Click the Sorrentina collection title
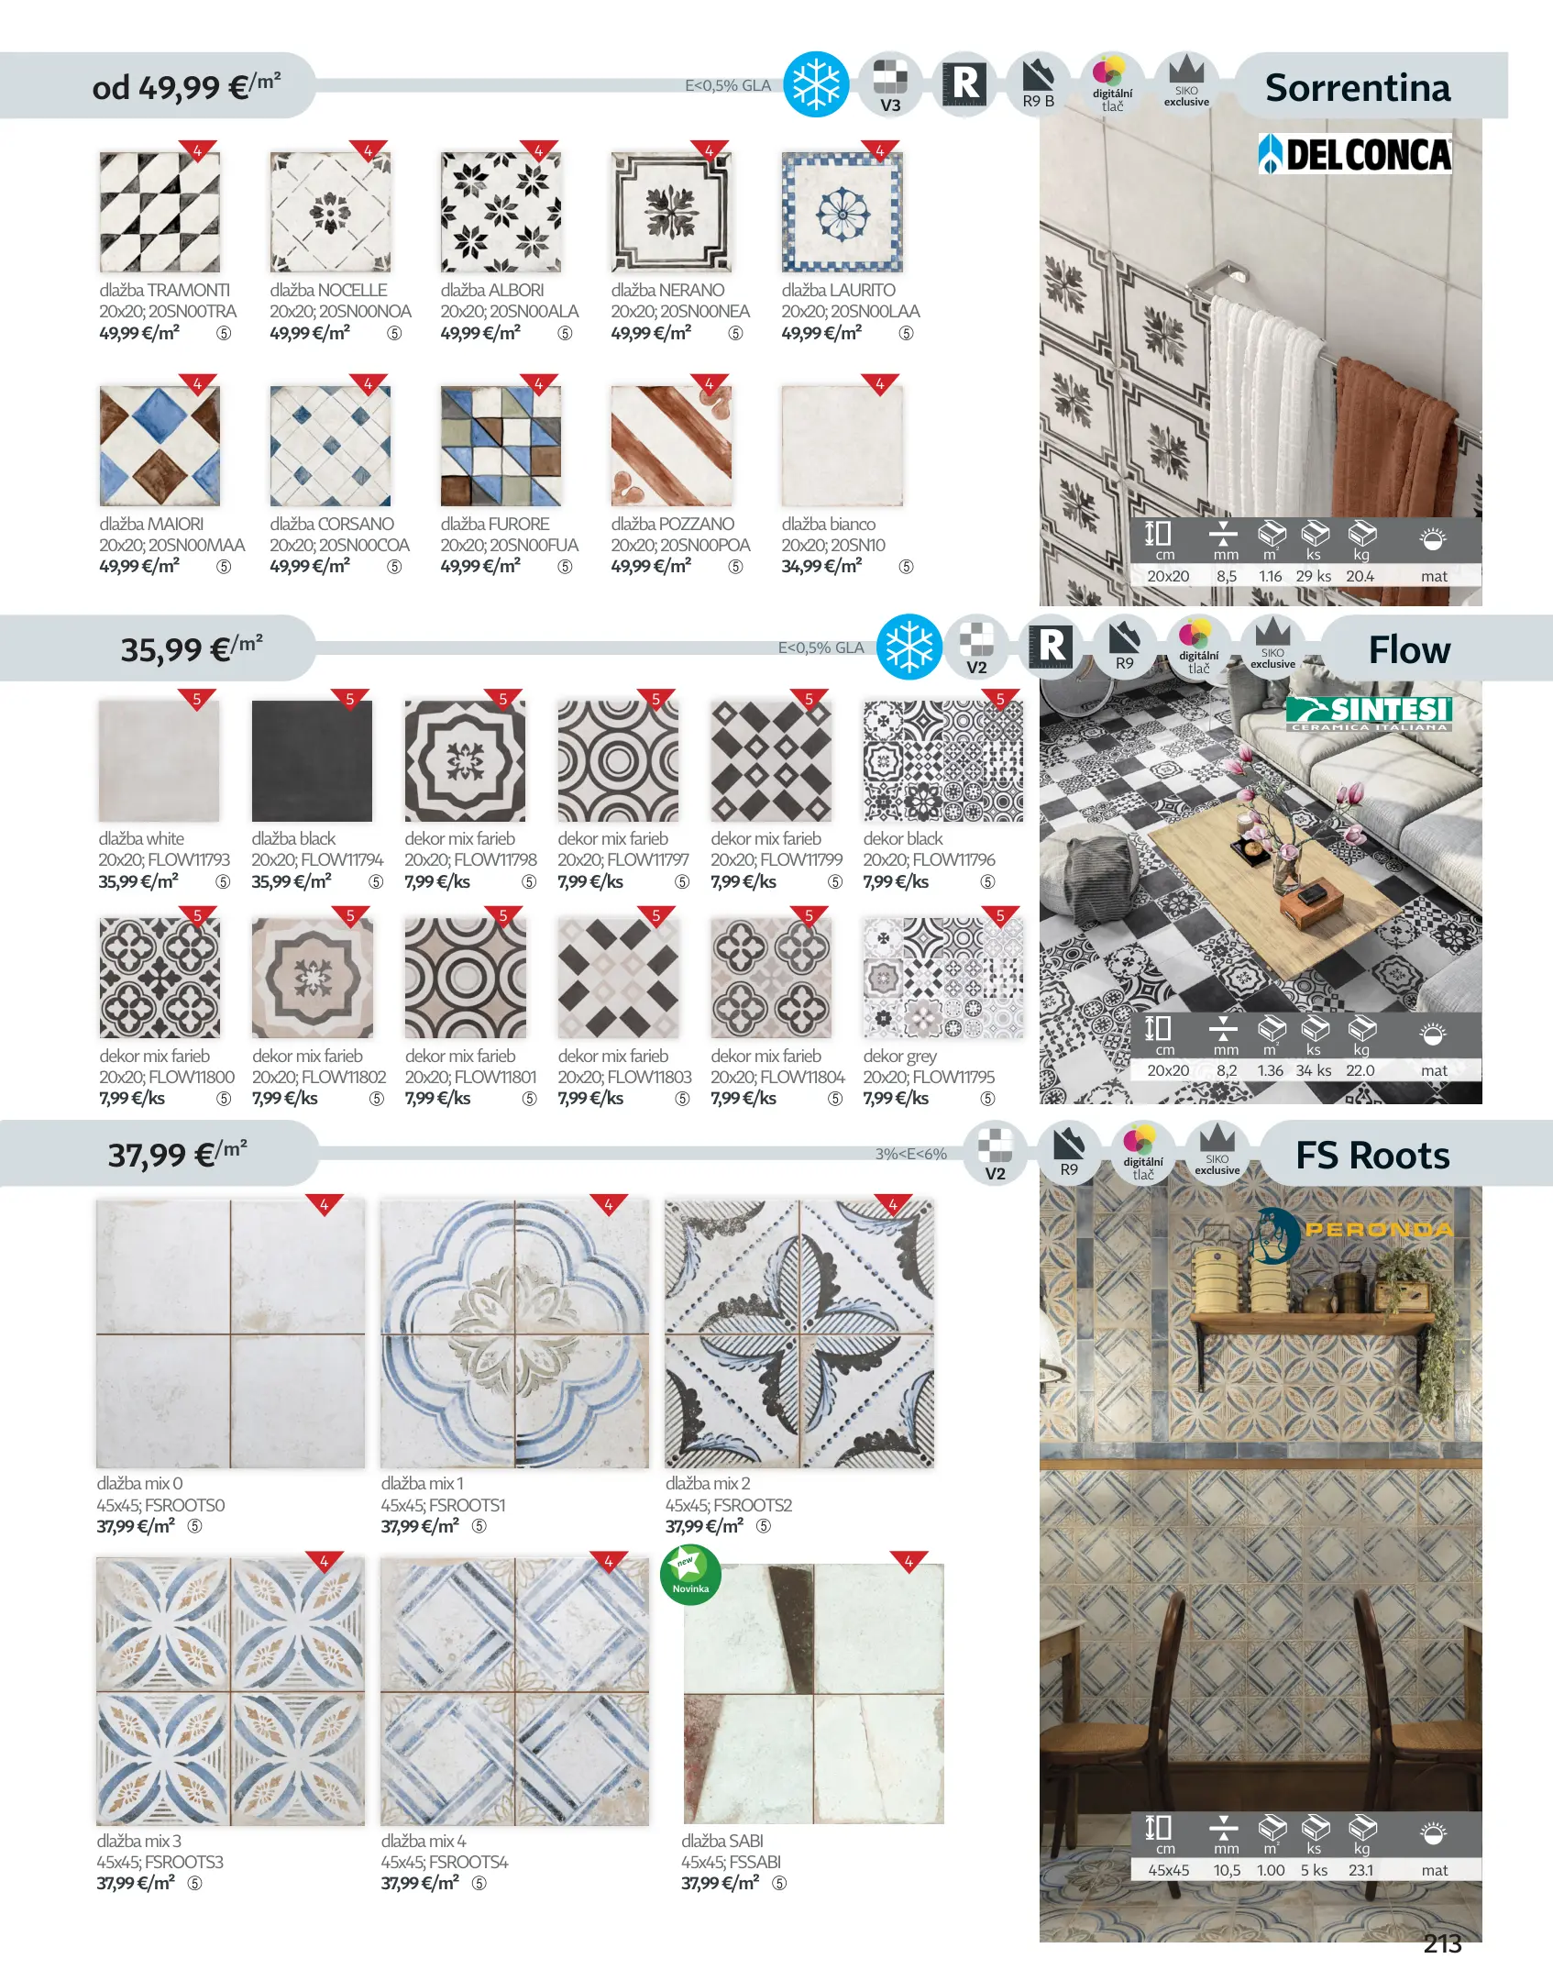(x=1358, y=88)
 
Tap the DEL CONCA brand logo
(x=1355, y=154)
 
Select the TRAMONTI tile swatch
(x=160, y=212)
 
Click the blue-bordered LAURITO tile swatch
(x=843, y=212)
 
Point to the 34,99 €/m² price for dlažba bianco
(x=821, y=566)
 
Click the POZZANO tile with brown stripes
(x=672, y=446)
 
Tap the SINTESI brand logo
(x=1370, y=713)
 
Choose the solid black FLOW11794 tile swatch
(x=313, y=761)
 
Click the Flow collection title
(x=1409, y=649)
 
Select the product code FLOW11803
(x=650, y=1077)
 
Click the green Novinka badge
(x=690, y=1575)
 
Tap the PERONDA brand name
(x=1379, y=1229)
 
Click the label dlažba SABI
(x=722, y=1841)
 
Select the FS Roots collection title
(x=1372, y=1156)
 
